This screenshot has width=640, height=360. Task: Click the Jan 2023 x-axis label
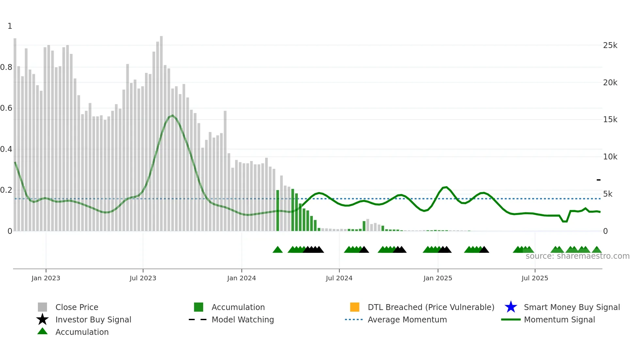tap(46, 278)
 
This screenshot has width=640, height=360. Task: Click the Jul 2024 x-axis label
tap(339, 278)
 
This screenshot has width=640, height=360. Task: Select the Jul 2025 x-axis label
tap(535, 278)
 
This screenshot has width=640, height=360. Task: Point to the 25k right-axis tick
tap(610, 45)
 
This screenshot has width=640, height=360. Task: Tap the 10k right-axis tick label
tap(610, 157)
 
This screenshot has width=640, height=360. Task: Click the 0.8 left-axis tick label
tap(6, 67)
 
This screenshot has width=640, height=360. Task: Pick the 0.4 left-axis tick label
tap(6, 149)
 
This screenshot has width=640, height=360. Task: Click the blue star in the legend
tap(511, 307)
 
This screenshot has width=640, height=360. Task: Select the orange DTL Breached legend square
tap(355, 307)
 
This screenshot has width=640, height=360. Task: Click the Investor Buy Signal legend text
tap(93, 319)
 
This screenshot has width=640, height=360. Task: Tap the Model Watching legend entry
tap(243, 319)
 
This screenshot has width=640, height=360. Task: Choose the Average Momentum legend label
tap(407, 319)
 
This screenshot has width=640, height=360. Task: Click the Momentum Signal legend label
tap(559, 319)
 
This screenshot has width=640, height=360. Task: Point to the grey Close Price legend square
tap(42, 307)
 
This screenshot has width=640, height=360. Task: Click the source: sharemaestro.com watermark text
tap(577, 256)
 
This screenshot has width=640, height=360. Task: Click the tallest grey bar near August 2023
tap(161, 131)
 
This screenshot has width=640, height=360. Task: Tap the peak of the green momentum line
tap(173, 115)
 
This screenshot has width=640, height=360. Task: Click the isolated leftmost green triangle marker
tap(278, 250)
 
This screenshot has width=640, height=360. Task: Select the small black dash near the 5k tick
tap(599, 180)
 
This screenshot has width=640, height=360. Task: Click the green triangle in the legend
tap(42, 332)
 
